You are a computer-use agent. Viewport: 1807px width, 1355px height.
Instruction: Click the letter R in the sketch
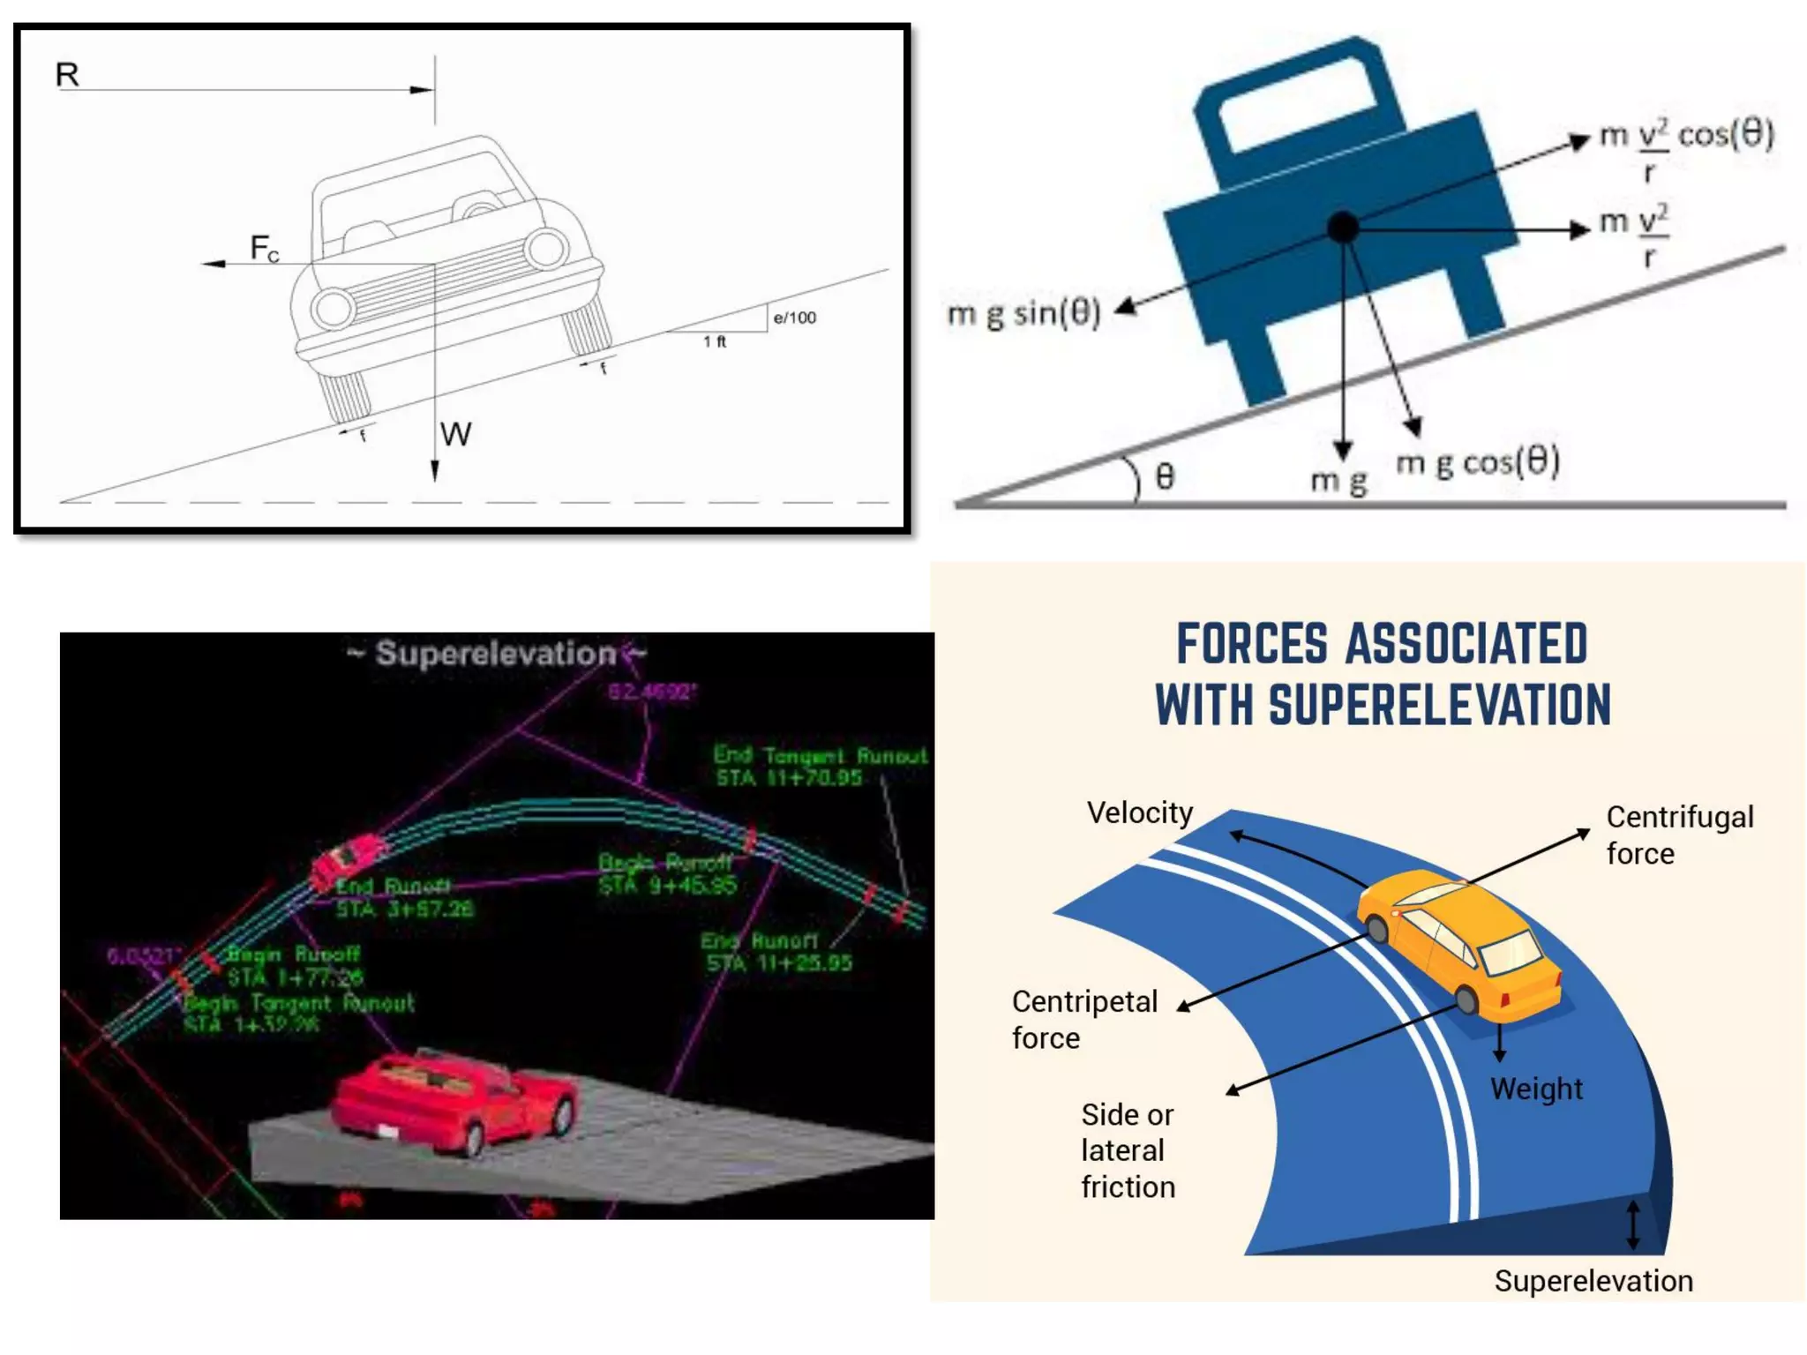coord(67,74)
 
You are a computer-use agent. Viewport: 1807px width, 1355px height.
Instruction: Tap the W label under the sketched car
coord(455,434)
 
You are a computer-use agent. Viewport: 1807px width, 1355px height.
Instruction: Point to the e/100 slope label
coord(794,318)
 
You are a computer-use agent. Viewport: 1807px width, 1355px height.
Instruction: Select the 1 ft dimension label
coord(715,341)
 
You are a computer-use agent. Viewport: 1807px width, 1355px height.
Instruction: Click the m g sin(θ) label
coord(1023,314)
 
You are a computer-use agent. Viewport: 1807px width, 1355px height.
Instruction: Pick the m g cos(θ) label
coord(1478,461)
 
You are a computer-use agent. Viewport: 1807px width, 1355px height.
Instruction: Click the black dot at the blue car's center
coord(1343,228)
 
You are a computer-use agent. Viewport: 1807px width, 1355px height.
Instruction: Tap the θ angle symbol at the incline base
coord(1165,477)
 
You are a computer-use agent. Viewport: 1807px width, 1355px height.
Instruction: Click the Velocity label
coord(1139,812)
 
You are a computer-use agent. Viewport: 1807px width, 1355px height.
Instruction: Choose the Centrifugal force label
coord(1679,835)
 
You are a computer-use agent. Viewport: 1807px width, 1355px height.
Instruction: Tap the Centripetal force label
coord(1083,1020)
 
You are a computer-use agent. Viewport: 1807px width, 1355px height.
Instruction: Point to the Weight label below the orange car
coord(1536,1089)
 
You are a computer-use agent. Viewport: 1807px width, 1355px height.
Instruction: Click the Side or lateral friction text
coord(1128,1150)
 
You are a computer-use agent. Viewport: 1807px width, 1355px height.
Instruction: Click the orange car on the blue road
coord(1460,944)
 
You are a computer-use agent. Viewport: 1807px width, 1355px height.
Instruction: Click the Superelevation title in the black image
coord(496,654)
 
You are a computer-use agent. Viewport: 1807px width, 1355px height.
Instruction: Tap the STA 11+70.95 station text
coord(788,778)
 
